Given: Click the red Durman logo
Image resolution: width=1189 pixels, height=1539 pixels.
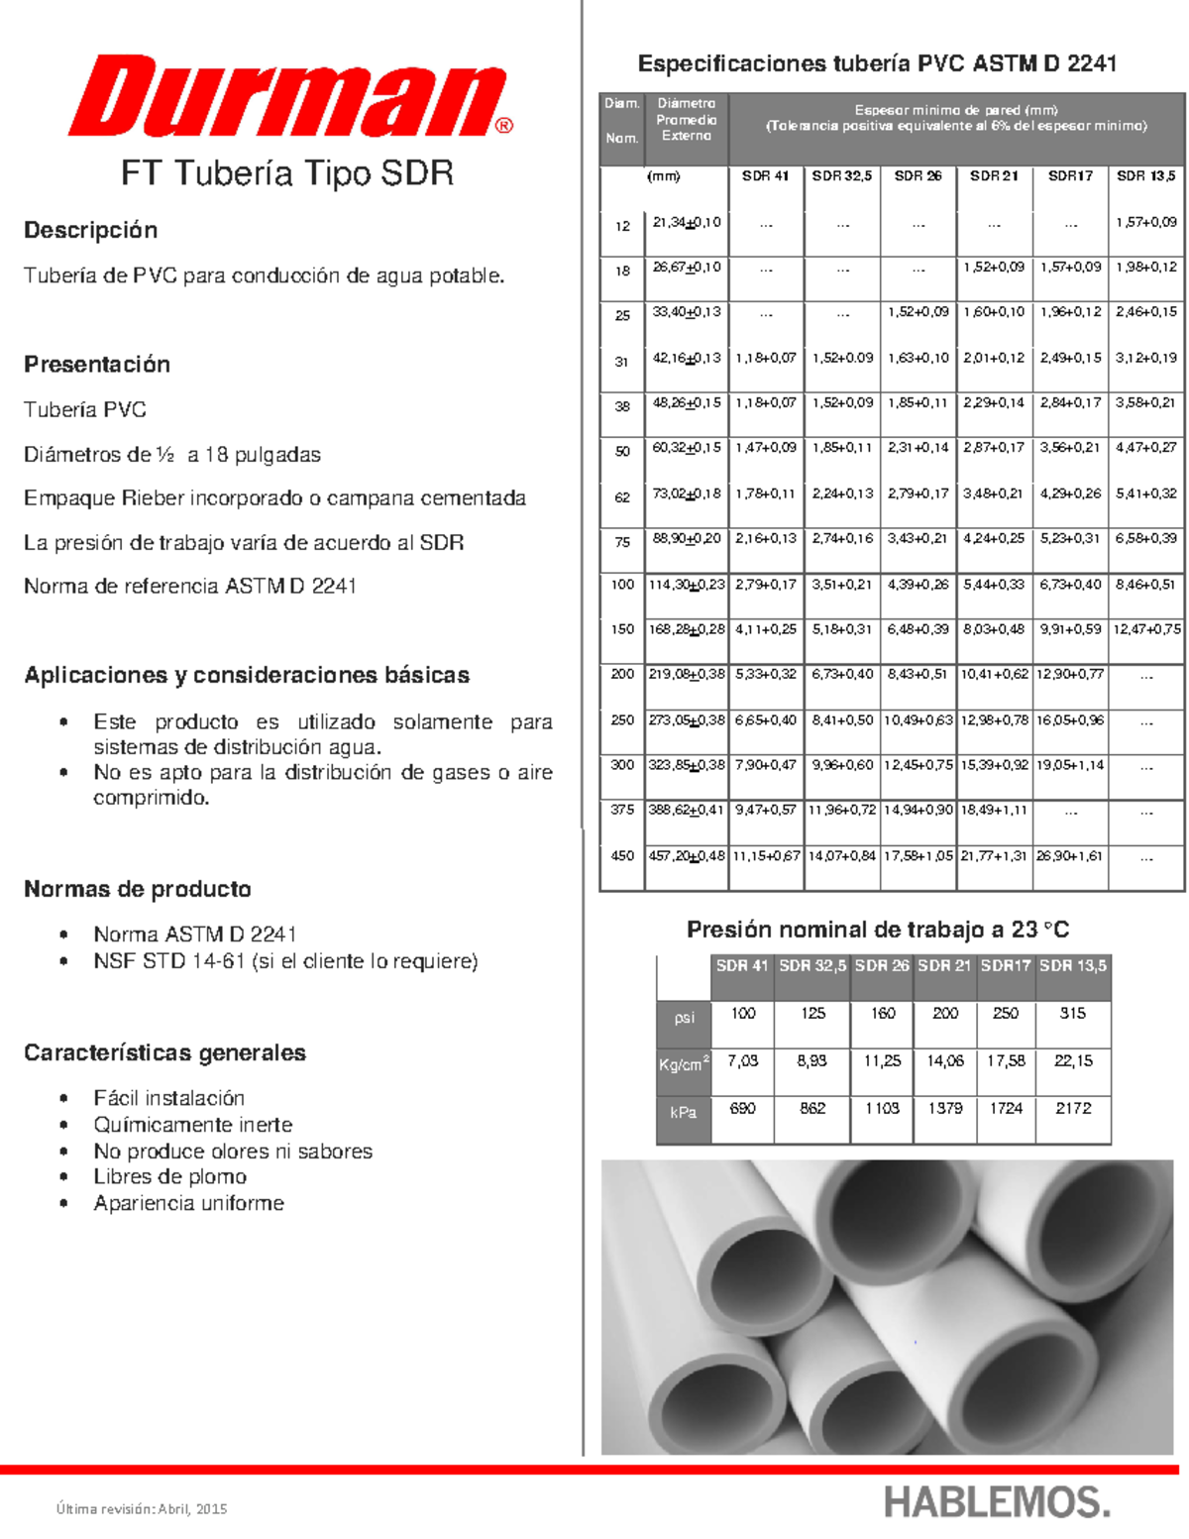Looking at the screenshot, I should pyautogui.click(x=287, y=97).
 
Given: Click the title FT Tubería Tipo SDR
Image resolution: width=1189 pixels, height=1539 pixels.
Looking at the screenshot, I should pyautogui.click(x=287, y=173).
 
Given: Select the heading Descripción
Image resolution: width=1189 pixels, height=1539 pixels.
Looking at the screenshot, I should pyautogui.click(x=90, y=230).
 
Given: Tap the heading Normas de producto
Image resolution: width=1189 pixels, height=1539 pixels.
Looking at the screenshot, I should pyautogui.click(x=137, y=889).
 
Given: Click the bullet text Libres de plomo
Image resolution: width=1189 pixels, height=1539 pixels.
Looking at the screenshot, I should pyautogui.click(x=169, y=1176).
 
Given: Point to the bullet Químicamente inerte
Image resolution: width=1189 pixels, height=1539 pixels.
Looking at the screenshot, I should pyautogui.click(x=192, y=1124).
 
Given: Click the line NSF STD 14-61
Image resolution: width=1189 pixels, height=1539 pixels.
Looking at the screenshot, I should pyautogui.click(x=285, y=960).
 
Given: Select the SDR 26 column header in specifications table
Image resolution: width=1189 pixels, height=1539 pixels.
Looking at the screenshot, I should pyautogui.click(x=918, y=175).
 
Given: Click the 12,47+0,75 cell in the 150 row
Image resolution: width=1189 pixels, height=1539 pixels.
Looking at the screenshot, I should pyautogui.click(x=1146, y=629).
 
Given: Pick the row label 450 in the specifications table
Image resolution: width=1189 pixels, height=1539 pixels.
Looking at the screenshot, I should pyautogui.click(x=622, y=855).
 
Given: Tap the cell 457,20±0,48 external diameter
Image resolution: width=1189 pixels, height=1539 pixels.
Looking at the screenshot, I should pyautogui.click(x=687, y=855).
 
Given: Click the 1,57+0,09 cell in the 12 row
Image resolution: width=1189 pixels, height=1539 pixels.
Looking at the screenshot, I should pyautogui.click(x=1146, y=222).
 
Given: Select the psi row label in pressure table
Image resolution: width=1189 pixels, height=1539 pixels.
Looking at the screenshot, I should pyautogui.click(x=684, y=1018).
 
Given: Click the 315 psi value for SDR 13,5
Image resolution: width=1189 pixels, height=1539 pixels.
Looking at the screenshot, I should pyautogui.click(x=1072, y=1013).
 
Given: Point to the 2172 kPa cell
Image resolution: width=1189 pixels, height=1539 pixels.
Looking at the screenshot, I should pyautogui.click(x=1072, y=1108).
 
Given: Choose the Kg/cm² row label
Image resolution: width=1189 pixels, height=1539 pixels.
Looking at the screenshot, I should pyautogui.click(x=684, y=1064).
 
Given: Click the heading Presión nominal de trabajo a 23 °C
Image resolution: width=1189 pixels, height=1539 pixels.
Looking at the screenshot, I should pyautogui.click(x=877, y=930).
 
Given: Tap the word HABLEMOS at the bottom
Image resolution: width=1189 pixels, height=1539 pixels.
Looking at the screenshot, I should pyautogui.click(x=996, y=1502).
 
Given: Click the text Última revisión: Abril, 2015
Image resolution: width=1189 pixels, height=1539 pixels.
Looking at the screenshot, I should pyautogui.click(x=142, y=1508).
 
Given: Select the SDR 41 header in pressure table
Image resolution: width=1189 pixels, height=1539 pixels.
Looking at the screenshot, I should pyautogui.click(x=742, y=965).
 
